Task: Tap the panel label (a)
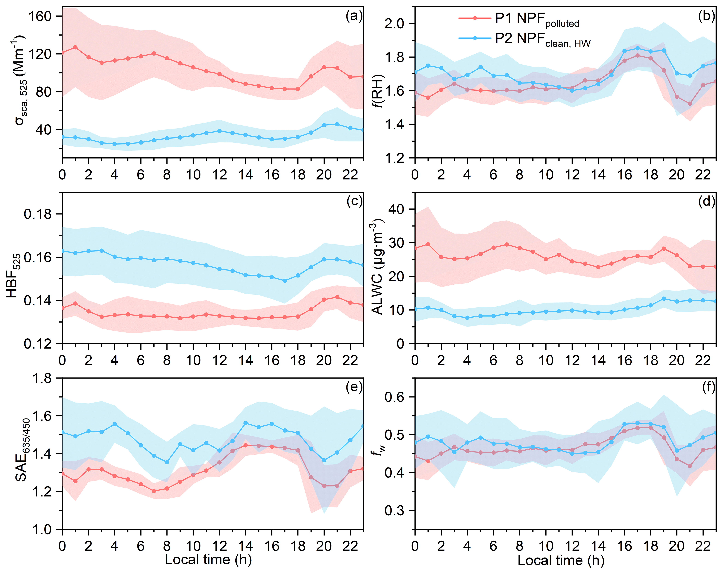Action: pyautogui.click(x=354, y=16)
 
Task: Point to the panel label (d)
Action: pyautogui.click(x=706, y=202)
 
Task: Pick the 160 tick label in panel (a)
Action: pyautogui.click(x=40, y=16)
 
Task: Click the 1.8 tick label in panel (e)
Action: pyautogui.click(x=42, y=379)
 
